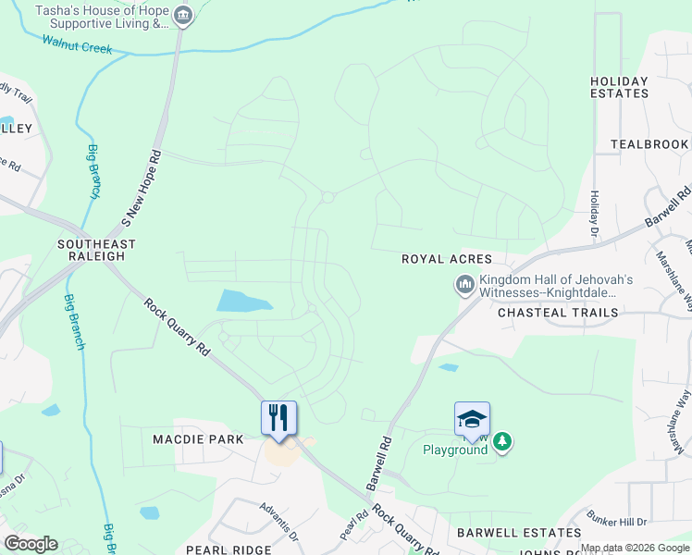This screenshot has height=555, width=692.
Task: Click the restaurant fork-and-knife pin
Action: click(x=278, y=417)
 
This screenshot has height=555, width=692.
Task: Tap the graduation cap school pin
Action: click(x=472, y=418)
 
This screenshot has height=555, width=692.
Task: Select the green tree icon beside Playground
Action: click(x=502, y=442)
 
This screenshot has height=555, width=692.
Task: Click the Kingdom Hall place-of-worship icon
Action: click(x=464, y=285)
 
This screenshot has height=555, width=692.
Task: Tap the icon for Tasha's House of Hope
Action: click(x=183, y=16)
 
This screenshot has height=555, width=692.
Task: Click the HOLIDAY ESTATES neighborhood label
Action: click(x=619, y=88)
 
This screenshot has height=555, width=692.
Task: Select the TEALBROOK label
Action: click(x=649, y=144)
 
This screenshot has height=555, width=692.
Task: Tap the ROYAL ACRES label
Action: click(x=446, y=260)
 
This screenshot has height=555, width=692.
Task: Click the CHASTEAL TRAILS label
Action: click(x=558, y=313)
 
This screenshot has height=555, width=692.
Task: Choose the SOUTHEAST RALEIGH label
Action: click(x=94, y=251)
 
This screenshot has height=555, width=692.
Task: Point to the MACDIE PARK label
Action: click(x=199, y=439)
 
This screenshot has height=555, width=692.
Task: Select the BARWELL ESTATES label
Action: click(x=518, y=534)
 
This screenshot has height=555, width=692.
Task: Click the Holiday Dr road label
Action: click(x=594, y=213)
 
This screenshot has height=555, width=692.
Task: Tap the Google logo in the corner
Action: click(x=31, y=544)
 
